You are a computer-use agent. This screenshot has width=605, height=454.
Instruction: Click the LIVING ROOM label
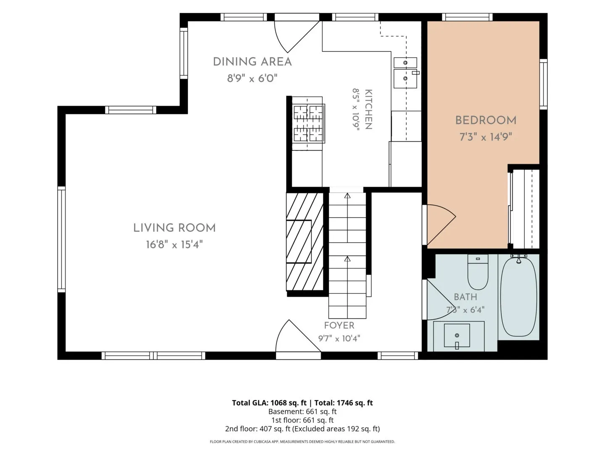(174, 228)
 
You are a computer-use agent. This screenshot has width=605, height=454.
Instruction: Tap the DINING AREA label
(252, 61)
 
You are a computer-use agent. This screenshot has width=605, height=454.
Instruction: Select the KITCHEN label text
(369, 109)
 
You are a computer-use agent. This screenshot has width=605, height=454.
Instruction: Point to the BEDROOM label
(486, 120)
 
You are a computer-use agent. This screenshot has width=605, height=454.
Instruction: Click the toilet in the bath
(478, 272)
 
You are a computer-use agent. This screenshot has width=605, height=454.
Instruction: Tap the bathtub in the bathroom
(518, 297)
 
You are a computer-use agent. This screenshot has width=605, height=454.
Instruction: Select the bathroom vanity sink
(457, 335)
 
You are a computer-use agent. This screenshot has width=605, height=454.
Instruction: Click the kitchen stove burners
(308, 123)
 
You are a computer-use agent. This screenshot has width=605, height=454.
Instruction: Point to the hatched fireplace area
(305, 242)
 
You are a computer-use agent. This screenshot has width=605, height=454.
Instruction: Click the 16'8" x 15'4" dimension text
(174, 245)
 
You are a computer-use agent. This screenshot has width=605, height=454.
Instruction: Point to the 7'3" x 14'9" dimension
(485, 137)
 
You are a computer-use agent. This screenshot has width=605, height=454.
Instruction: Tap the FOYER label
(339, 325)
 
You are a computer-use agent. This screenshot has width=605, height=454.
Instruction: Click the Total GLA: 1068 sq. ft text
(269, 403)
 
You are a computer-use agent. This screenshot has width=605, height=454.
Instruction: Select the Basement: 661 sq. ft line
(302, 412)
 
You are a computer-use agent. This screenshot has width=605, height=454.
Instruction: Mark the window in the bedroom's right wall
(543, 84)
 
